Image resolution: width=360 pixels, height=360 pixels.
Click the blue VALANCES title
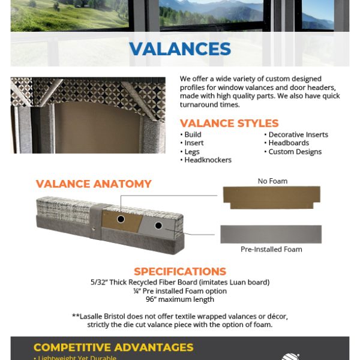click(180, 49)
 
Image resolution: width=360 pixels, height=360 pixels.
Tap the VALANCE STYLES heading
click(229, 124)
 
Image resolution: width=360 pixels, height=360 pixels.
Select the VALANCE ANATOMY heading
click(94, 184)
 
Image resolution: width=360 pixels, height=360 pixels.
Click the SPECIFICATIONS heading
click(180, 272)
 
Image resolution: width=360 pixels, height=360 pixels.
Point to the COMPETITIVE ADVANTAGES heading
click(113, 347)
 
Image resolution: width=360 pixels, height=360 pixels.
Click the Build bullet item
click(193, 135)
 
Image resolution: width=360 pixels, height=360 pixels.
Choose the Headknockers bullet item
click(208, 160)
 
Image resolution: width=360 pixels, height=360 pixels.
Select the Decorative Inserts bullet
click(298, 135)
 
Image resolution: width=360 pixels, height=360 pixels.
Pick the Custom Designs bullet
click(295, 152)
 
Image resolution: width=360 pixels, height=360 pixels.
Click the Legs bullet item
click(191, 152)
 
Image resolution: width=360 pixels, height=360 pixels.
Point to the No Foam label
click(272, 181)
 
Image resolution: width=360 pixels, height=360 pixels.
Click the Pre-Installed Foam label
click(271, 249)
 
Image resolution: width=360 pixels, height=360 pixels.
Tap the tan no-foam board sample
click(271, 197)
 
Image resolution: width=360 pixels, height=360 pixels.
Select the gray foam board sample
click(271, 233)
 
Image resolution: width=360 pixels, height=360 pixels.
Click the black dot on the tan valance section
click(121, 220)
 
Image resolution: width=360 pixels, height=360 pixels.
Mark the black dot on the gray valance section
click(158, 226)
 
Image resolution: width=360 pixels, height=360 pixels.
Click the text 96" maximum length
click(180, 299)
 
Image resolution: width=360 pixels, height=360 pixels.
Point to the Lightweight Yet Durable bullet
click(77, 358)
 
